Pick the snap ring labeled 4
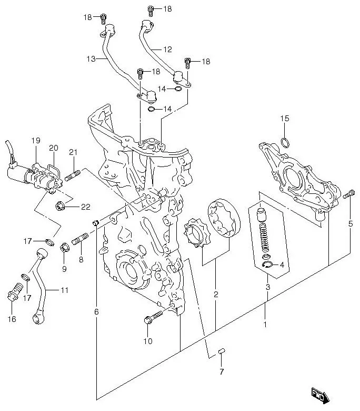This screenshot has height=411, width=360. (x=267, y=265)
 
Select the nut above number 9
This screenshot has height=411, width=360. (x=65, y=246)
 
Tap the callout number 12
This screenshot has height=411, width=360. (x=167, y=50)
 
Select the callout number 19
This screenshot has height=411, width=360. (x=35, y=140)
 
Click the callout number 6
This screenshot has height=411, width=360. (x=96, y=312)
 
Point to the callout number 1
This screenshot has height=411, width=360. (x=265, y=325)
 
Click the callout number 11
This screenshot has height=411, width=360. (x=64, y=290)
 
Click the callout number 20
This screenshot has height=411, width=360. (x=54, y=148)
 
